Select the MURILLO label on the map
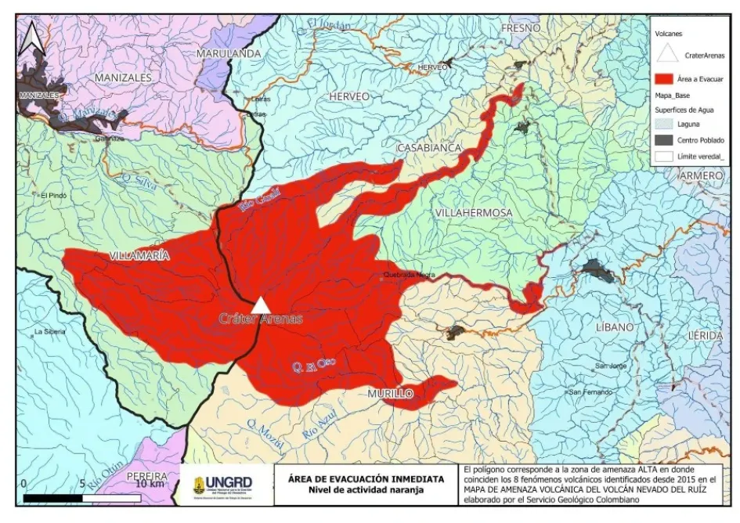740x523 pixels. click(x=390, y=395)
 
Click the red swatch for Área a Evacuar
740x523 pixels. click(x=667, y=78)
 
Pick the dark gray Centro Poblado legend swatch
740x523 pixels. click(x=667, y=140)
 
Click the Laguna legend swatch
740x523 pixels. click(x=667, y=124)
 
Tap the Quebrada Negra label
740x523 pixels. click(x=409, y=276)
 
